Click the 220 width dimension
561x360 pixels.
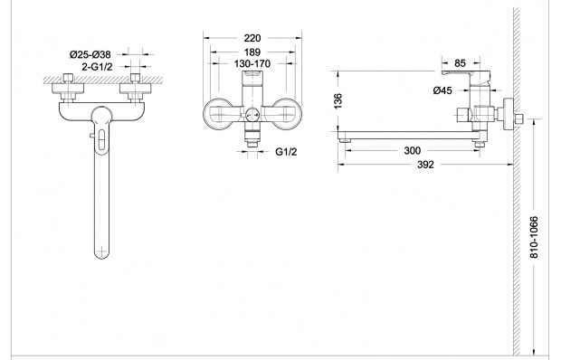[252, 38]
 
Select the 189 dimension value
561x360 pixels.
[252, 52]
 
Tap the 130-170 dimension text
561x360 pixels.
[252, 64]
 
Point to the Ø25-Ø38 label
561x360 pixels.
[90, 54]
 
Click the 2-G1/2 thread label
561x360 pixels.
[97, 67]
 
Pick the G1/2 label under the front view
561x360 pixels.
[286, 152]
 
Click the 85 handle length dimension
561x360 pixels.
[460, 63]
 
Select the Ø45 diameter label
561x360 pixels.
[442, 90]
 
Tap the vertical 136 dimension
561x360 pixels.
[338, 101]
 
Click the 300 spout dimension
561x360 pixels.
[413, 151]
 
